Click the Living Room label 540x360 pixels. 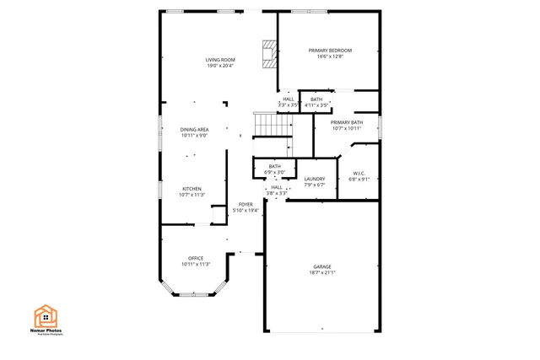[220, 59]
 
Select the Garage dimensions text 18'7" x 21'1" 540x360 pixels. [323, 273]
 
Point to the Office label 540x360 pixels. [195, 258]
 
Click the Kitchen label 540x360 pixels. [192, 188]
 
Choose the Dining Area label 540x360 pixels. [194, 129]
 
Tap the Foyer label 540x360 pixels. [246, 204]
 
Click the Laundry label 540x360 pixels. [315, 179]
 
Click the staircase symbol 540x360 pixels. [273, 126]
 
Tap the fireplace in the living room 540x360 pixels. [268, 55]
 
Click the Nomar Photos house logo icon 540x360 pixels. [46, 315]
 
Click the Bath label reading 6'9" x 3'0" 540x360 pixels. [275, 166]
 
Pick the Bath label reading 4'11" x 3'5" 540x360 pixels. [316, 99]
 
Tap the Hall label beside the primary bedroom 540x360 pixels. [289, 99]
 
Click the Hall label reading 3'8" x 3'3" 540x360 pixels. [277, 187]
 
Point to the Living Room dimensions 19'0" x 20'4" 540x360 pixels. [220, 65]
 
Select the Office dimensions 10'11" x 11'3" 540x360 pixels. [195, 264]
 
